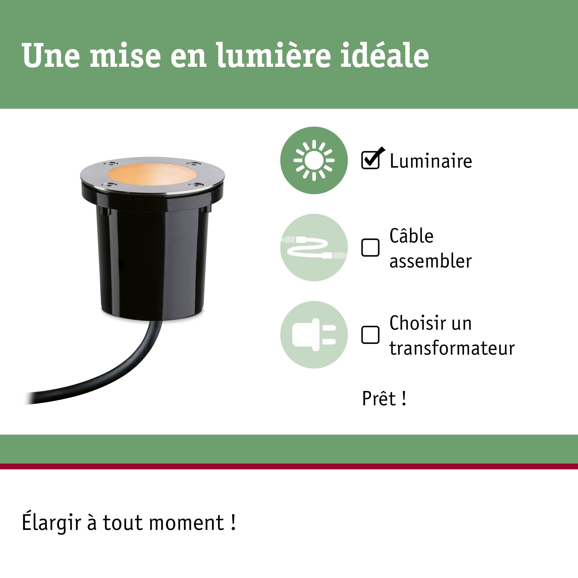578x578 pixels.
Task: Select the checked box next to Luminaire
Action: pyautogui.click(x=370, y=160)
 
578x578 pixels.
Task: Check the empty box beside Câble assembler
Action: pyautogui.click(x=370, y=247)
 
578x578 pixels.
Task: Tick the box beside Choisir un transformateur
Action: pyautogui.click(x=370, y=335)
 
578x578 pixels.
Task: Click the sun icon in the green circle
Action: pyautogui.click(x=314, y=160)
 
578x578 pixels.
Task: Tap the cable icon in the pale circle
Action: pyautogui.click(x=314, y=247)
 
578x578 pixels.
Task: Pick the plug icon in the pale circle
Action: pyautogui.click(x=314, y=335)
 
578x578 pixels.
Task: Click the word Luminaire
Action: pyautogui.click(x=431, y=161)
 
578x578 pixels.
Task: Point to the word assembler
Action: pyautogui.click(x=430, y=261)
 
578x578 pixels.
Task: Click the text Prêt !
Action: pyautogui.click(x=384, y=399)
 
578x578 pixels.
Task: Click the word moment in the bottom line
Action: pyautogui.click(x=187, y=523)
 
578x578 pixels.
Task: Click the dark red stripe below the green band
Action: pyautogui.click(x=289, y=466)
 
